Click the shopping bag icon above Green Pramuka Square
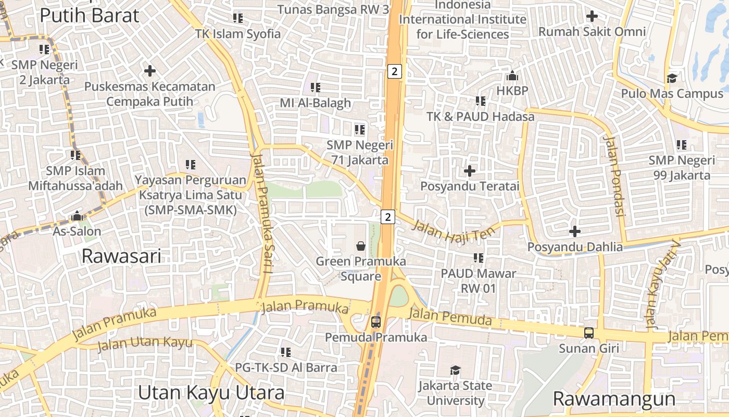(x=360, y=246)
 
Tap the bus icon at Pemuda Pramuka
(x=376, y=322)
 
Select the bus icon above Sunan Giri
(x=588, y=333)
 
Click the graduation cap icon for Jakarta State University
(x=455, y=370)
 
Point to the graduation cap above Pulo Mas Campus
(x=672, y=78)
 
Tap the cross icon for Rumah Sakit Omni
(x=592, y=16)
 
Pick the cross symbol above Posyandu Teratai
(x=470, y=170)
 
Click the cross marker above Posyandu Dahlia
(x=575, y=231)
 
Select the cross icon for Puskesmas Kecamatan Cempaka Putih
(x=150, y=70)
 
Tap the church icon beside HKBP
(x=512, y=76)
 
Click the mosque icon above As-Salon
(x=77, y=215)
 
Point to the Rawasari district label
(x=121, y=256)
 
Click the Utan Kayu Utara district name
(x=211, y=393)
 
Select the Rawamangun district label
(x=614, y=399)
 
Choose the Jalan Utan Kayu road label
(x=144, y=344)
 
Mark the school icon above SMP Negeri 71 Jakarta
(x=359, y=129)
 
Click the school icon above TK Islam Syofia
(x=238, y=18)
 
